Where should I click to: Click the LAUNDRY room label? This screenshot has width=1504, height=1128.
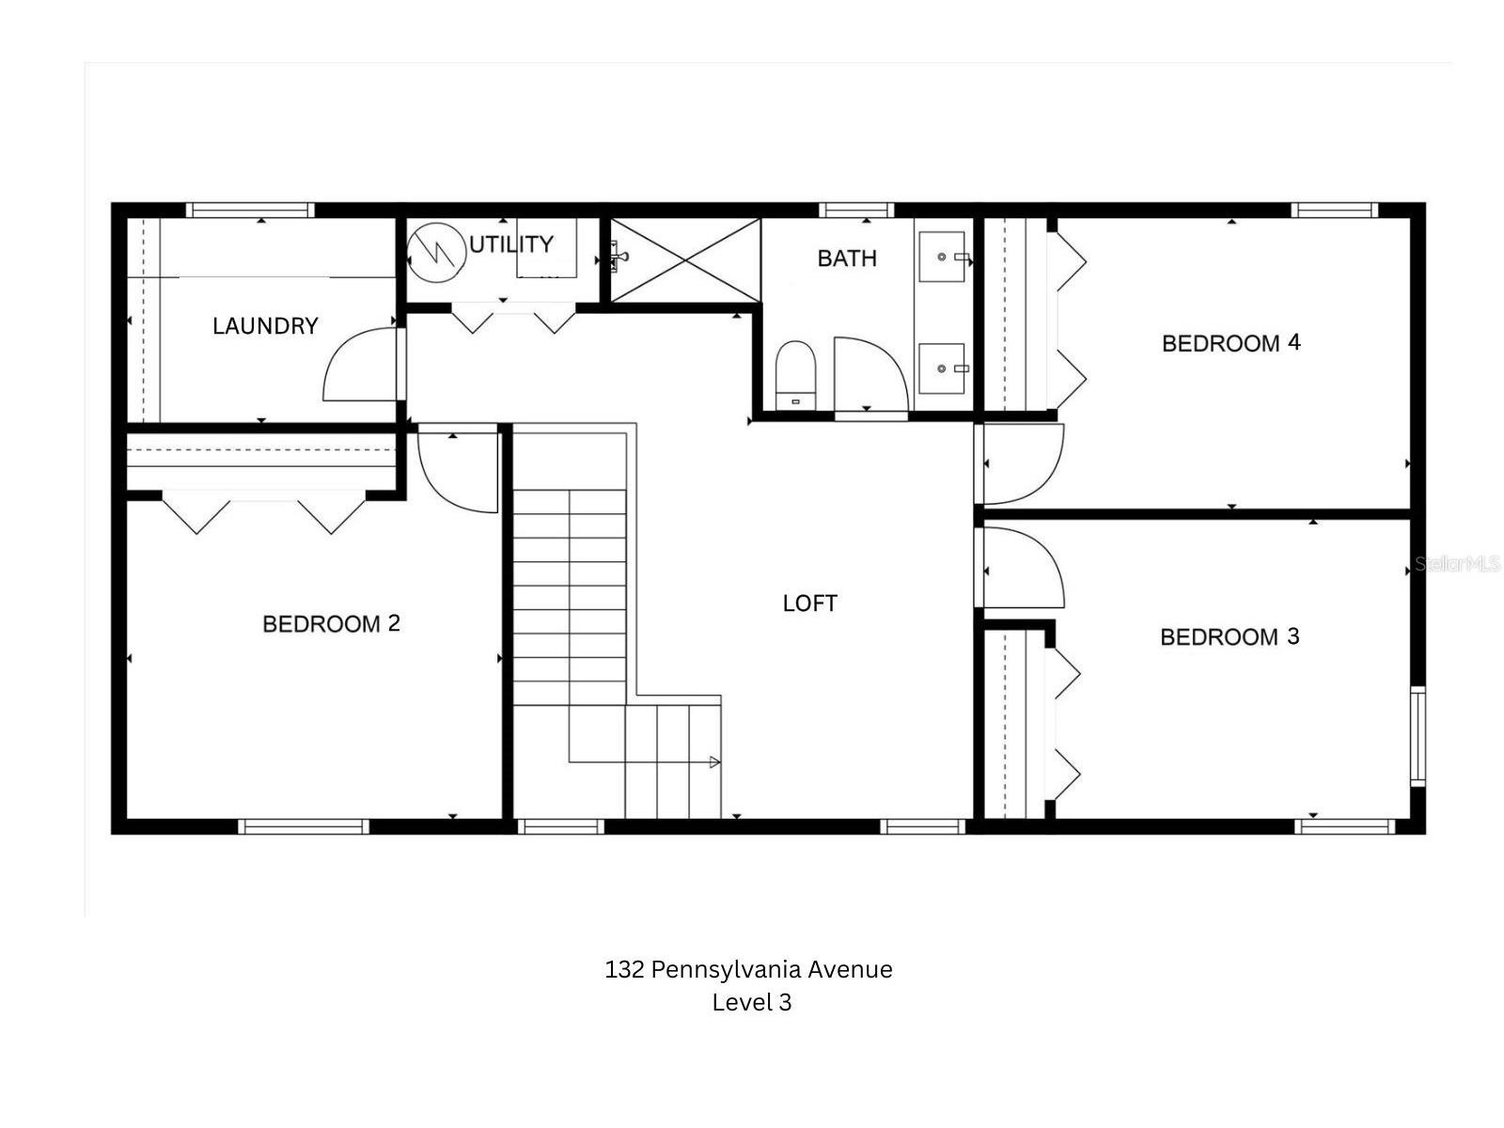coord(265,326)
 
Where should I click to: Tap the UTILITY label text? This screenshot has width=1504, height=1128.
coord(510,244)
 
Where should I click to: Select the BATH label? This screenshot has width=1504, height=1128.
coord(846,258)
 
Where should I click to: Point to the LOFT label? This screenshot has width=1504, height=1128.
coord(809,603)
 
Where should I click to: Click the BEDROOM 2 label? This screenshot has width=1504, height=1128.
coord(331,624)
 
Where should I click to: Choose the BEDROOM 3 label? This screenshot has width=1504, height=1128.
coord(1230,637)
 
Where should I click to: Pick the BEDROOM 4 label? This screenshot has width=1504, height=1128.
coord(1230,343)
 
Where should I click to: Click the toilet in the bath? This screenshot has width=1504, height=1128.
coord(795,374)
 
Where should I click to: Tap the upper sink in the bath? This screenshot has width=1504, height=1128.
coord(941,257)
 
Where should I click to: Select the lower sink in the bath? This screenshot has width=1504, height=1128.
coord(941,368)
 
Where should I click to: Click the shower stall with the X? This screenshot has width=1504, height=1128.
coord(685,260)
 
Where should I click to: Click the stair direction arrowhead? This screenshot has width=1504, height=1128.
coord(714,762)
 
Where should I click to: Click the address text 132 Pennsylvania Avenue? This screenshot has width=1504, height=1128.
coord(748,969)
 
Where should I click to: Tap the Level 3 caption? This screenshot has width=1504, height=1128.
coord(751,1002)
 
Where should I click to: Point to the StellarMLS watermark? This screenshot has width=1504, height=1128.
coord(1457,564)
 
